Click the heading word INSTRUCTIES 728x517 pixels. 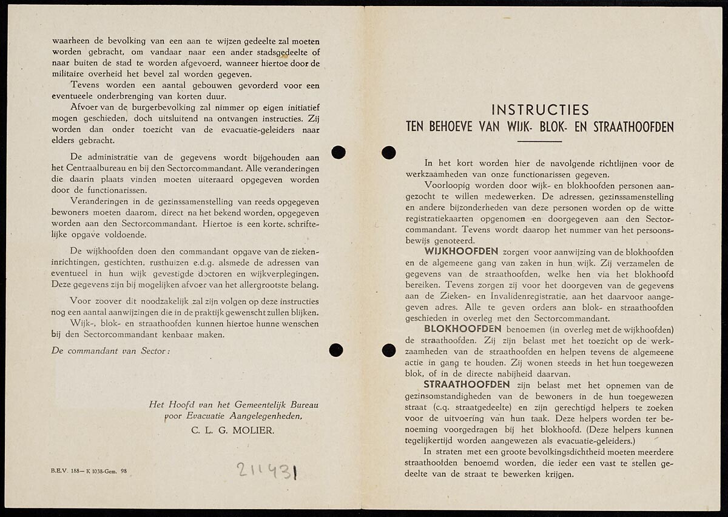[x=540, y=110]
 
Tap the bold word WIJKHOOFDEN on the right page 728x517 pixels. [x=461, y=252]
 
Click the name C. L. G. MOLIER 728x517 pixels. [x=229, y=431]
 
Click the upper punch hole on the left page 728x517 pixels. [x=338, y=152]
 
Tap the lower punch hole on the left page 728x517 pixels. [x=335, y=350]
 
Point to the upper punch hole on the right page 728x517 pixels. [x=389, y=152]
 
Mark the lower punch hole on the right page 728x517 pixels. [x=389, y=350]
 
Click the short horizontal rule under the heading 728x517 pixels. [x=539, y=141]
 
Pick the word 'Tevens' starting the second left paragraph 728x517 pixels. [x=88, y=85]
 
